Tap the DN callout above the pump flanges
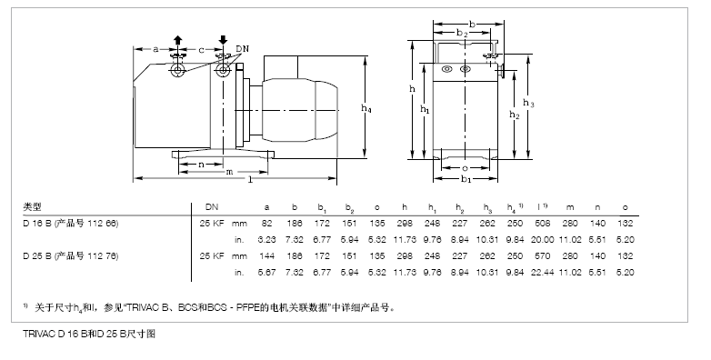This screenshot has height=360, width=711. click(241, 46)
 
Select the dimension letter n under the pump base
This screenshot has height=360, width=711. click(201, 164)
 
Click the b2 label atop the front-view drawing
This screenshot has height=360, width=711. click(462, 34)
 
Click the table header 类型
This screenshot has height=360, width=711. click(32, 207)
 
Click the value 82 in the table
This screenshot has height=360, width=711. click(266, 223)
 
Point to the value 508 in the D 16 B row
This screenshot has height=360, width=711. click(543, 223)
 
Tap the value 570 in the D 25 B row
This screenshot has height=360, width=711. click(543, 256)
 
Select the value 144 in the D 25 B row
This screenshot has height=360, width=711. click(265, 256)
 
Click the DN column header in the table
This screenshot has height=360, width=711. click(212, 207)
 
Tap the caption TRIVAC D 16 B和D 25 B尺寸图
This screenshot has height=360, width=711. click(90, 335)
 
